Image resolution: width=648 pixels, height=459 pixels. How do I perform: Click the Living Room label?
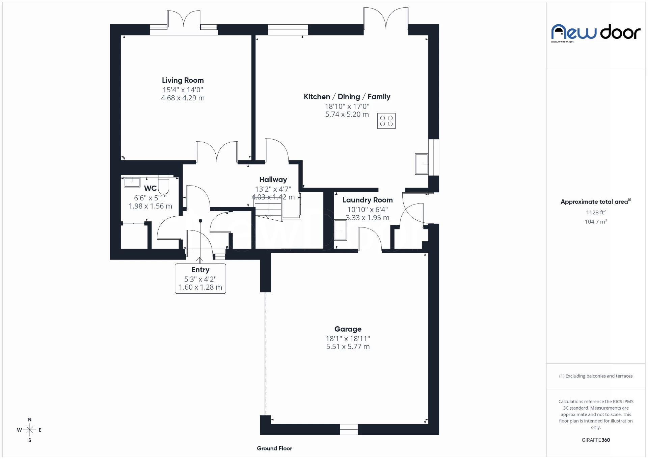pyautogui.click(x=183, y=80)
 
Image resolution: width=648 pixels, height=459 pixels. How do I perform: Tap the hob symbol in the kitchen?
pyautogui.click(x=386, y=121)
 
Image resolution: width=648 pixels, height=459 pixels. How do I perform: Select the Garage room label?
pyautogui.click(x=348, y=329)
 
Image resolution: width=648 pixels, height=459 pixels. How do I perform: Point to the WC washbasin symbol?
pyautogui.click(x=132, y=182)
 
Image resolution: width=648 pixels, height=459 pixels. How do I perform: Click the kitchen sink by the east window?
pyautogui.click(x=422, y=164)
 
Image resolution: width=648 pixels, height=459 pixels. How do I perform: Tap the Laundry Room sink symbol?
pyautogui.click(x=340, y=230)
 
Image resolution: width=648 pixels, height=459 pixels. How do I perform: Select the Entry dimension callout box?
pyautogui.click(x=200, y=279)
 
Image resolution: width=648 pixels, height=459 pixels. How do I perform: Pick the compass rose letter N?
pyautogui.click(x=30, y=419)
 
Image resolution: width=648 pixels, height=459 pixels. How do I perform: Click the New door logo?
pyautogui.click(x=595, y=33)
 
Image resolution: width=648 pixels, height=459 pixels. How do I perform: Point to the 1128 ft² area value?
pyautogui.click(x=596, y=212)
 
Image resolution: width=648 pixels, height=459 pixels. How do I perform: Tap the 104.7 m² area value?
pyautogui.click(x=596, y=222)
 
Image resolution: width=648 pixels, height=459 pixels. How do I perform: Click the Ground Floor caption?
pyautogui.click(x=274, y=448)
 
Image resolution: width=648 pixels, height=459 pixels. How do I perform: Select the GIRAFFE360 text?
pyautogui.click(x=596, y=440)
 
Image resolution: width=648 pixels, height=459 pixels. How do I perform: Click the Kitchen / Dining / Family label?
pyautogui.click(x=347, y=97)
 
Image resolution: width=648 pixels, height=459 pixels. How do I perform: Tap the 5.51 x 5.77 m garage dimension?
pyautogui.click(x=348, y=347)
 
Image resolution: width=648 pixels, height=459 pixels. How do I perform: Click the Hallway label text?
pyautogui.click(x=273, y=179)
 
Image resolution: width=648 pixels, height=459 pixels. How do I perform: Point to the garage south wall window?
pyautogui.click(x=348, y=429)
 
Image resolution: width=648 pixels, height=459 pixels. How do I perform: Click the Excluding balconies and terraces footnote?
pyautogui.click(x=596, y=376)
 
